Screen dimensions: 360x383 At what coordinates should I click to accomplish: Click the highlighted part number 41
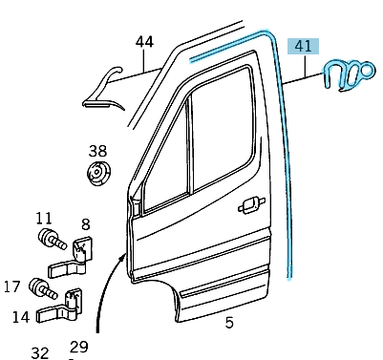(x=305, y=45)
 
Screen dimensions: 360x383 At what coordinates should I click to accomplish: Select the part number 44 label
(x=144, y=42)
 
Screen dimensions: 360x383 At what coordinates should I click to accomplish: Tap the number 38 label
(x=98, y=151)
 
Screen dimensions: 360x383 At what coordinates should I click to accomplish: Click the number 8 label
(x=84, y=226)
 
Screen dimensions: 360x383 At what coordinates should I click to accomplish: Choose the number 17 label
(x=11, y=285)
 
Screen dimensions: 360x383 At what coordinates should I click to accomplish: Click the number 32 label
(x=39, y=352)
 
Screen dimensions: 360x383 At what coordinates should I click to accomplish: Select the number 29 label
(x=78, y=347)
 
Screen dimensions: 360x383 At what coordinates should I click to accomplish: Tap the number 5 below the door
(x=228, y=323)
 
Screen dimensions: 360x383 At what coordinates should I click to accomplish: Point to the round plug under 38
(x=98, y=175)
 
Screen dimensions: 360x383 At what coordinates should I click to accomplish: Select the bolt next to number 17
(x=39, y=286)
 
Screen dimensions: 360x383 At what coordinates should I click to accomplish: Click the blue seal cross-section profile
(x=347, y=73)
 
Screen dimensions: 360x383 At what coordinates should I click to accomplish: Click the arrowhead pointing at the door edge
(x=121, y=258)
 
